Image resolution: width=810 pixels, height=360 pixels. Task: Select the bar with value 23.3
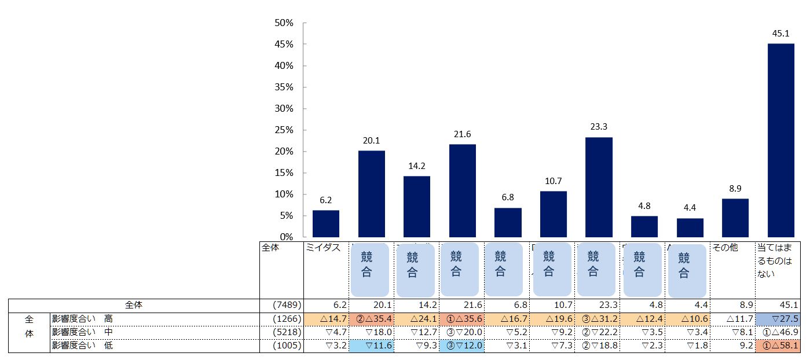click(x=599, y=187)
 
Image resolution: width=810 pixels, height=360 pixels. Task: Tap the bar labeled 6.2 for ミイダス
click(x=326, y=223)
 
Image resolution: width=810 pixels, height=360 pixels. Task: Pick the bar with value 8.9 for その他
click(x=735, y=218)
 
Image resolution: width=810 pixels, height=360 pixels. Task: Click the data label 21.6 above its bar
click(x=462, y=134)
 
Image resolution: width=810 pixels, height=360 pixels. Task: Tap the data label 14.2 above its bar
click(x=416, y=166)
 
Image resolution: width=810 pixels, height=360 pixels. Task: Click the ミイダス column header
click(x=323, y=248)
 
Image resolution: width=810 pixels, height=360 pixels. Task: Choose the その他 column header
click(x=725, y=248)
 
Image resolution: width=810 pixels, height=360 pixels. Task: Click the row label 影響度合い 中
click(x=82, y=332)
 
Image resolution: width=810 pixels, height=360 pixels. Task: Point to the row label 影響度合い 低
click(x=82, y=346)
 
